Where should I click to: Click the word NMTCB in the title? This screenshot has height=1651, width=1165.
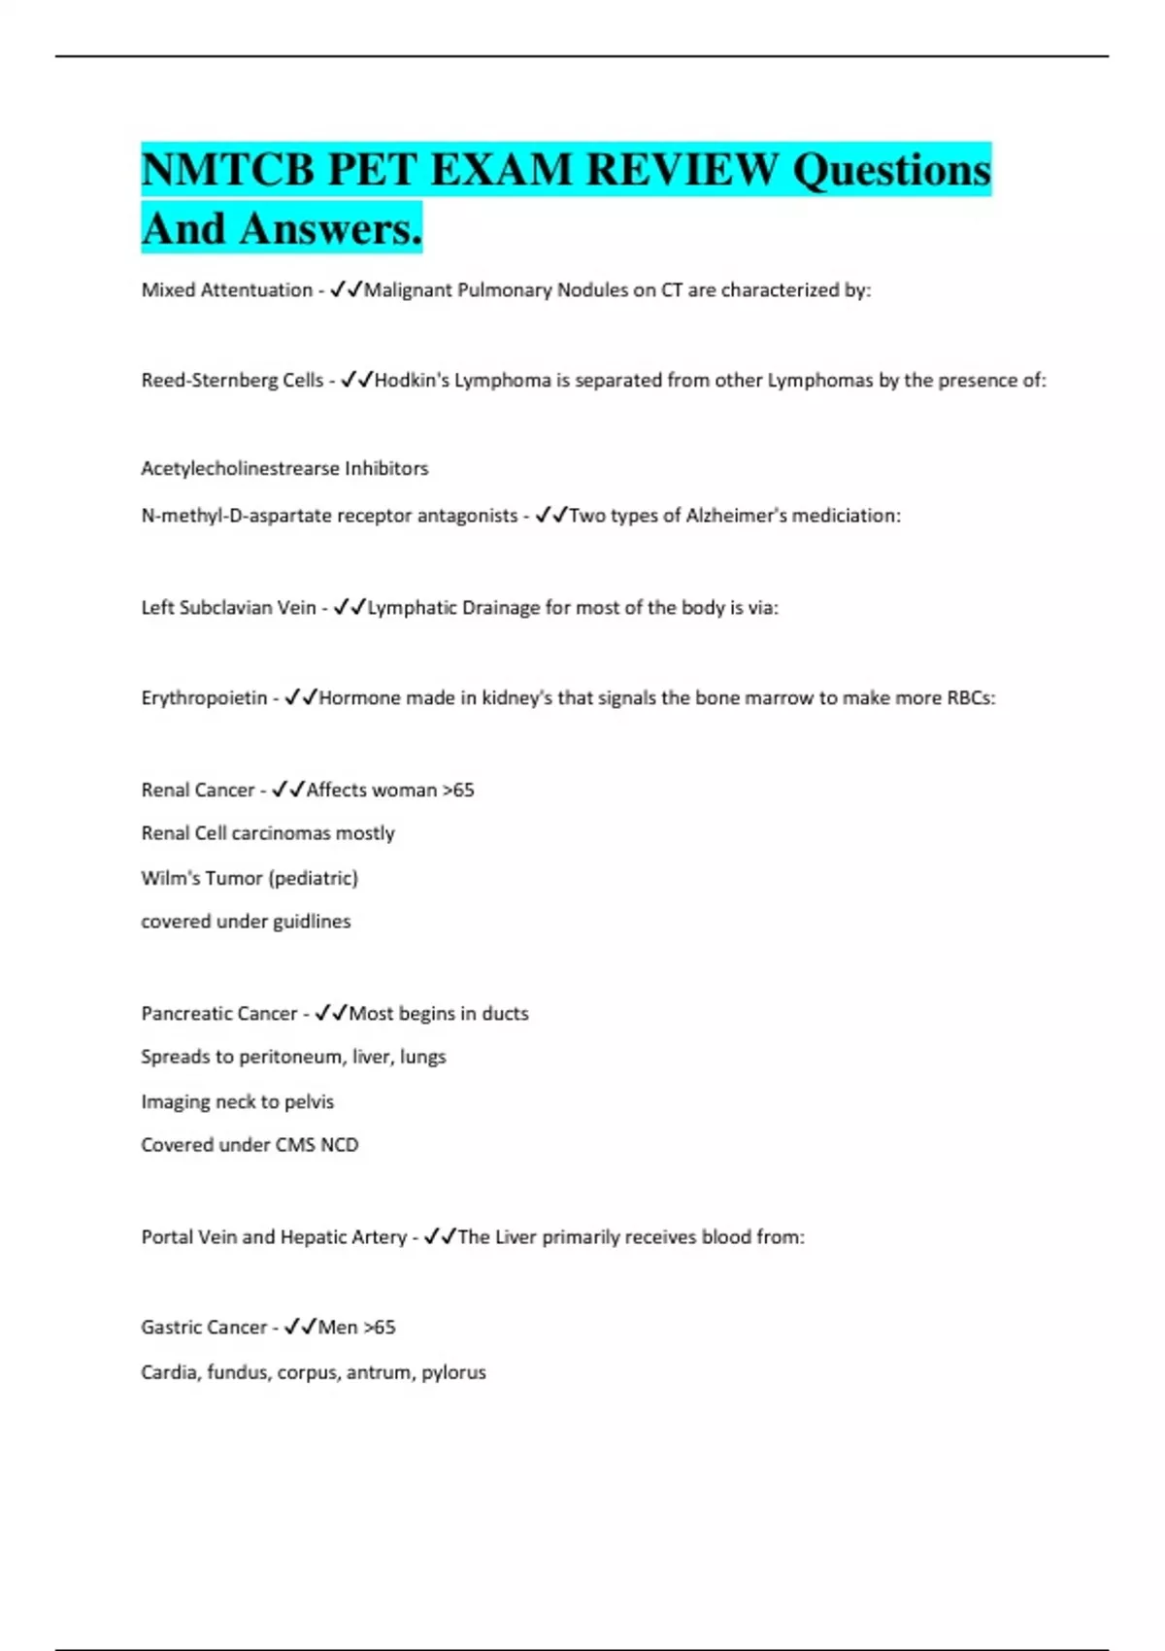point(228,170)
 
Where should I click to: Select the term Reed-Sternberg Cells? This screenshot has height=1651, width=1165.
point(232,381)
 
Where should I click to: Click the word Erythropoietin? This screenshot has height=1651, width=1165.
point(204,698)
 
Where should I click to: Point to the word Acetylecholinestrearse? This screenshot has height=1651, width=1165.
point(240,469)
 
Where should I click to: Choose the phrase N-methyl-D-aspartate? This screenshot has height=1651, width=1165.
point(228,516)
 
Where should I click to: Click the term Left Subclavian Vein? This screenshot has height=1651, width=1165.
point(228,608)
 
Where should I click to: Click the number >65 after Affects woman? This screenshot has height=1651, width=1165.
point(458,791)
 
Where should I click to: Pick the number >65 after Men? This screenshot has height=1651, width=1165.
point(379,1328)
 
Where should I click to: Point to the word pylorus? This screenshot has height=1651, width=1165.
point(453,1373)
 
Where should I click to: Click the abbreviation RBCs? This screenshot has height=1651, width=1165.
point(970,698)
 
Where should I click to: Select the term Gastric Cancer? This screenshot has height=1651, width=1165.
point(203,1328)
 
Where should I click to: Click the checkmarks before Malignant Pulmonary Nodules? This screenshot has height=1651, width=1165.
point(347,290)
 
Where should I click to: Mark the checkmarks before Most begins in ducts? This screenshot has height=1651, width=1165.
point(331,1014)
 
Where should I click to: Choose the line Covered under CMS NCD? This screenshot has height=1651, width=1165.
point(250,1145)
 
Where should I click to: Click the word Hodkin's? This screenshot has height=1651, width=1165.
point(412,381)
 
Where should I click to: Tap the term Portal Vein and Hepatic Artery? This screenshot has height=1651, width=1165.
point(274,1237)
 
